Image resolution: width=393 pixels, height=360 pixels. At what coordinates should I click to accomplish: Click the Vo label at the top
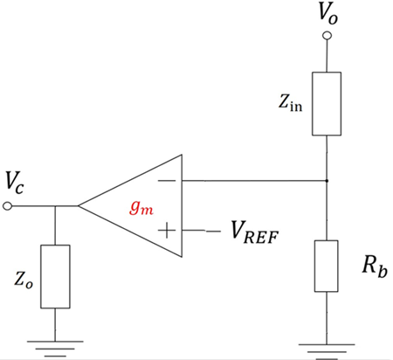[x=327, y=14]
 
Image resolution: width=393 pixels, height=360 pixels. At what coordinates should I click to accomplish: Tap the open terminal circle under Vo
[x=327, y=36]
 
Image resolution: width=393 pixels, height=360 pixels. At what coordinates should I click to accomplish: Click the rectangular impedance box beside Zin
[x=327, y=104]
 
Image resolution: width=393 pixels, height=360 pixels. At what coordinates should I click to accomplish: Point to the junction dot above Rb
[x=327, y=181]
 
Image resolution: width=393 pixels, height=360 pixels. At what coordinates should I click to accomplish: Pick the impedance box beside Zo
[x=55, y=276]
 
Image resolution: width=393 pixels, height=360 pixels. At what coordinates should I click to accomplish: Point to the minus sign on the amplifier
[x=166, y=181]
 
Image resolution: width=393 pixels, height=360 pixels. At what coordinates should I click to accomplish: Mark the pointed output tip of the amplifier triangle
[x=79, y=207]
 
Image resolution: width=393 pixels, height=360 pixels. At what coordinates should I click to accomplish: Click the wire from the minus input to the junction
[x=253, y=181]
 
